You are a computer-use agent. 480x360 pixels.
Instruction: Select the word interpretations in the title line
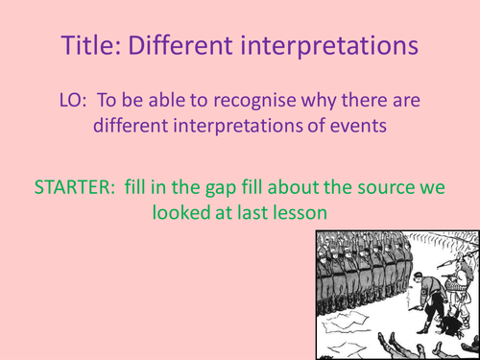tap(326, 44)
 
